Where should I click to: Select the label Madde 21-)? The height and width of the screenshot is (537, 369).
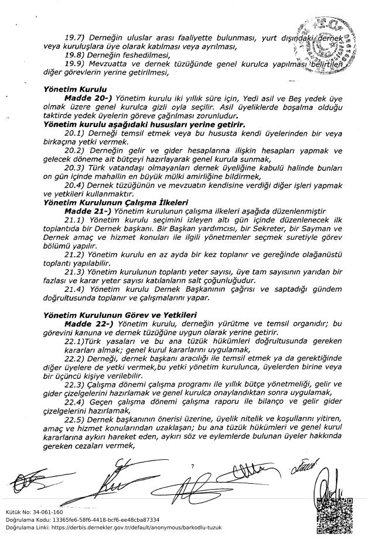click(x=88, y=209)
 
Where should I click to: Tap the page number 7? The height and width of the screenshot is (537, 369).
click(x=192, y=466)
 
